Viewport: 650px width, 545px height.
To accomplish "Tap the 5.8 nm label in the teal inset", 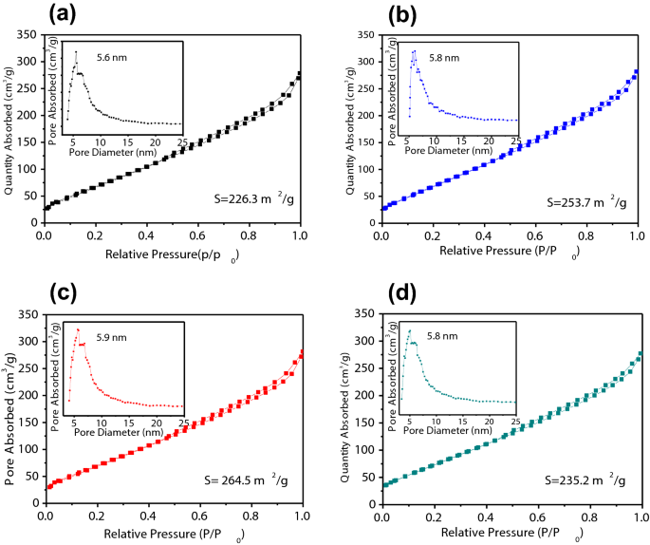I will tap(444, 335).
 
